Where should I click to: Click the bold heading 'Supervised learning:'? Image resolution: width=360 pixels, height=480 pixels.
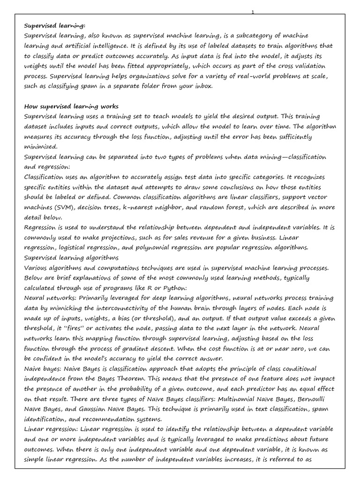coord(54,25)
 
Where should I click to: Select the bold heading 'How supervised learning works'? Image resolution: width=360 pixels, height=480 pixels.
coord(71,106)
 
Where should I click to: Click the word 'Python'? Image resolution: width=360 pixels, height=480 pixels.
coord(173,288)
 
